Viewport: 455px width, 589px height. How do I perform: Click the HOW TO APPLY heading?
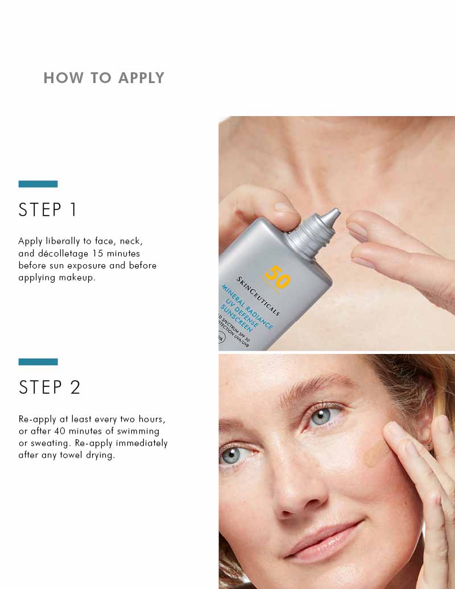click(104, 78)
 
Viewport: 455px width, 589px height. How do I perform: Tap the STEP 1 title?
click(48, 210)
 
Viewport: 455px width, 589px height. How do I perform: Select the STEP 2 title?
click(49, 388)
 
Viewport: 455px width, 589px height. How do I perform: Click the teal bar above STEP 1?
click(38, 184)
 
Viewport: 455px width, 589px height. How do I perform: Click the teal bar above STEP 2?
click(38, 362)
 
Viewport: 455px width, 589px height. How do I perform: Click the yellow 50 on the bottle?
click(277, 278)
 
